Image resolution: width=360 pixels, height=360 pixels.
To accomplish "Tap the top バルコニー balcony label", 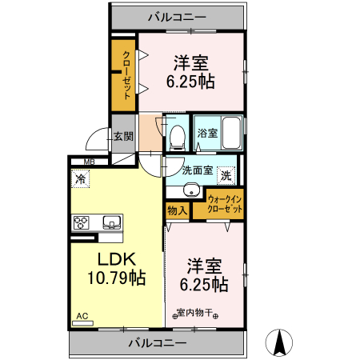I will pyautogui.click(x=178, y=16).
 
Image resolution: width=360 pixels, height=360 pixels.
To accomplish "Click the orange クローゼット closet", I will pyautogui.click(x=125, y=74).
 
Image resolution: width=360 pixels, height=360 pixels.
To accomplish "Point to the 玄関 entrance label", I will pyautogui.click(x=122, y=136).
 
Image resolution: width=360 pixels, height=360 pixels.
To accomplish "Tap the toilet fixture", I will pyautogui.click(x=177, y=137).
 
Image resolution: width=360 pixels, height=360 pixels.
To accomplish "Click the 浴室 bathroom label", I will pyautogui.click(x=206, y=133).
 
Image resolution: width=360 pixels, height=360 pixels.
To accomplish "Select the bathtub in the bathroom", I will pyautogui.click(x=230, y=132).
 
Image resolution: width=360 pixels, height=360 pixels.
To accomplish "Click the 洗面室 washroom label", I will pyautogui.click(x=197, y=170).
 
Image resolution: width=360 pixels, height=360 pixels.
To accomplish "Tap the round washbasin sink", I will pyautogui.click(x=190, y=190).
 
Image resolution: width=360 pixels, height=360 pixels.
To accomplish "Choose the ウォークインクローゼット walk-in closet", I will pyautogui.click(x=225, y=203).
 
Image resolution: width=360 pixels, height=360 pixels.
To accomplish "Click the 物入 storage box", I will pyautogui.click(x=177, y=210).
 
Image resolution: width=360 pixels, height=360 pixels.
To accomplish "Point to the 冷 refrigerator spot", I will pyautogui.click(x=81, y=179).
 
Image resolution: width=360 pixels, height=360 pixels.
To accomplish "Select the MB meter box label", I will pyautogui.click(x=80, y=162).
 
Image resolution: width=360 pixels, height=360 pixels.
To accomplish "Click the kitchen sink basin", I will pyautogui.click(x=110, y=222).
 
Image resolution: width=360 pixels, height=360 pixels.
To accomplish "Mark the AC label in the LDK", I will pyautogui.click(x=82, y=317).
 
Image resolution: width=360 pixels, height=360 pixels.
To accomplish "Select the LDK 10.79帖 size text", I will pyautogui.click(x=116, y=270).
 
